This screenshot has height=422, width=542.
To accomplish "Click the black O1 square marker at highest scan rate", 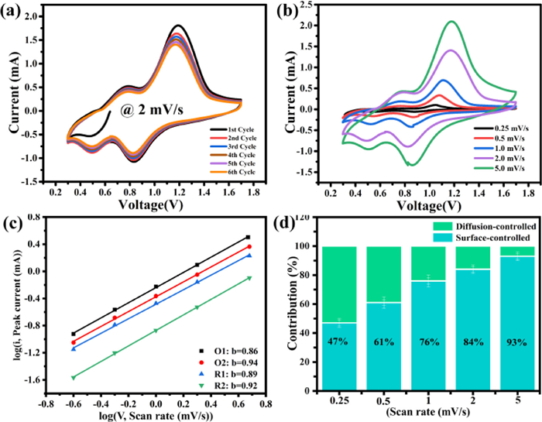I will pyautogui.click(x=249, y=237).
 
